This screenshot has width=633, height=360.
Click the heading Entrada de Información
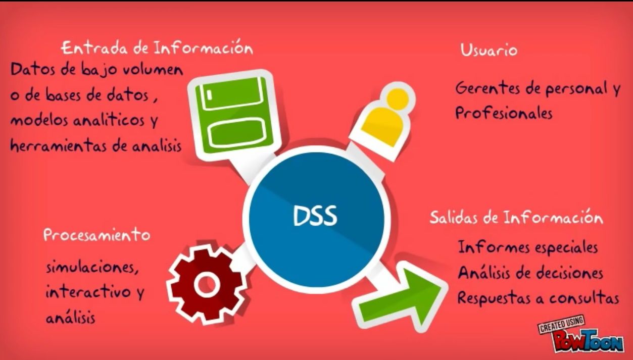pyautogui.click(x=157, y=48)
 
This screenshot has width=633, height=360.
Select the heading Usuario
pyautogui.click(x=489, y=50)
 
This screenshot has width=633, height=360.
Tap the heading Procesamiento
pyautogui.click(x=96, y=235)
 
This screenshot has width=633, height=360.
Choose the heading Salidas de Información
pyautogui.click(x=516, y=218)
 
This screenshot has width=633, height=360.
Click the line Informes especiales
pyautogui.click(x=528, y=247)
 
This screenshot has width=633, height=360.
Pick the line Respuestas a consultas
pyautogui.click(x=538, y=298)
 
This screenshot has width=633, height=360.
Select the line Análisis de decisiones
pyautogui.click(x=530, y=273)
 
